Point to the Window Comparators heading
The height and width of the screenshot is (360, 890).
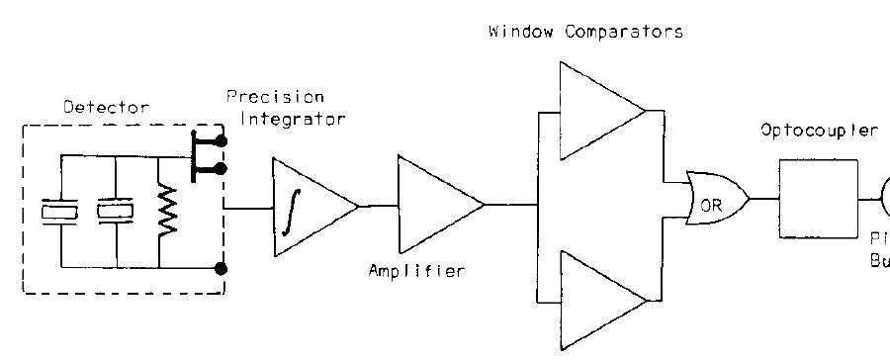click(x=586, y=32)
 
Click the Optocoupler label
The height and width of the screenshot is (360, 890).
click(x=819, y=131)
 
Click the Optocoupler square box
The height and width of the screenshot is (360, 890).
click(x=818, y=200)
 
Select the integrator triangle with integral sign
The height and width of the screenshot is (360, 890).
click(x=307, y=207)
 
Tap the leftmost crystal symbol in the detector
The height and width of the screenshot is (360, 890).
click(x=59, y=211)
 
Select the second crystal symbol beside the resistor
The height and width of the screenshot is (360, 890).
click(x=116, y=211)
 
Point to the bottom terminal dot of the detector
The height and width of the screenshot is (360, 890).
click(x=222, y=267)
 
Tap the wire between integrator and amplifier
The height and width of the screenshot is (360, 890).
click(x=376, y=206)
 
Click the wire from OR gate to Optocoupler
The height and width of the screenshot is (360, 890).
click(x=764, y=198)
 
